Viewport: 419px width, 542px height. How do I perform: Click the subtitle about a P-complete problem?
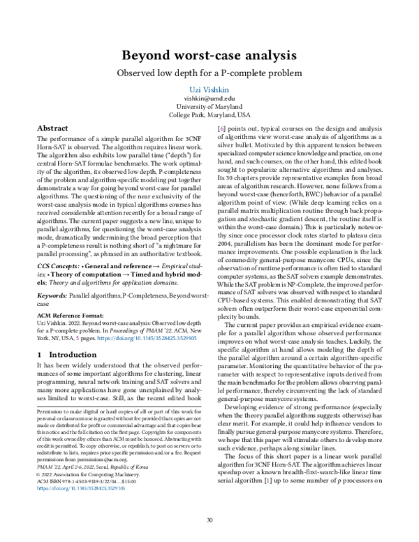click(209, 73)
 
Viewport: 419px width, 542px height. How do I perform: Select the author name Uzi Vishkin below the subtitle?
click(209, 91)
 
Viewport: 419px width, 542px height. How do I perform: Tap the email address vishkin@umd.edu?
click(209, 100)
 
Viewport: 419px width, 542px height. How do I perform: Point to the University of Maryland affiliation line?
click(209, 107)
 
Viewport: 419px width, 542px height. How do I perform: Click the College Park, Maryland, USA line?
click(209, 115)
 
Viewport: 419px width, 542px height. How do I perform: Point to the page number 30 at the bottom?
click(209, 519)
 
